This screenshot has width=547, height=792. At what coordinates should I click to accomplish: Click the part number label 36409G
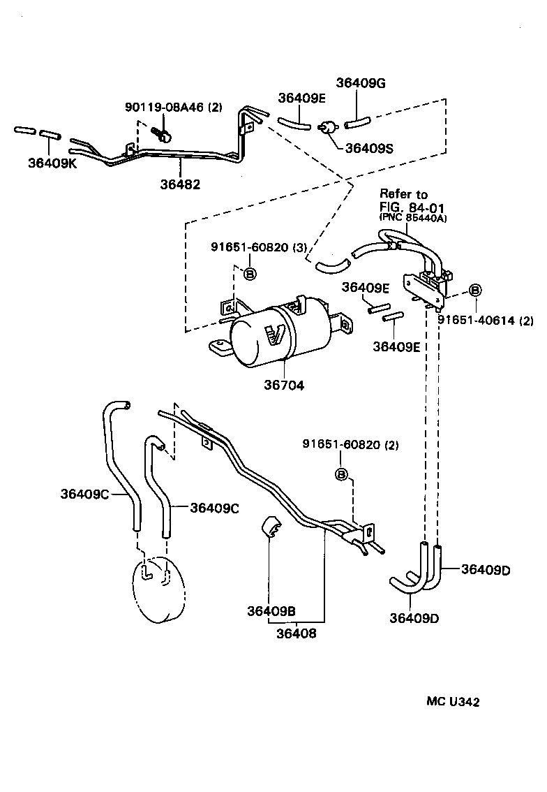click(361, 83)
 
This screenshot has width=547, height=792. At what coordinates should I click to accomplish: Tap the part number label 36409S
click(369, 148)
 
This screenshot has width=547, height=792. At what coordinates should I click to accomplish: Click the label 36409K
click(52, 163)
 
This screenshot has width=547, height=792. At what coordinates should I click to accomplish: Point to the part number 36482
click(180, 184)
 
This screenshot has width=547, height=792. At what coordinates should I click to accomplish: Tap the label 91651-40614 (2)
click(486, 320)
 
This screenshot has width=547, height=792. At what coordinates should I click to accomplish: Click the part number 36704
click(284, 385)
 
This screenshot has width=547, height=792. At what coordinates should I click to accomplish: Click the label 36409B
click(271, 611)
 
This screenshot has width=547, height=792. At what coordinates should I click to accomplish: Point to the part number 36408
click(296, 633)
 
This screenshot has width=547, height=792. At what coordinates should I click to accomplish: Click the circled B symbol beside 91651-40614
click(474, 290)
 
